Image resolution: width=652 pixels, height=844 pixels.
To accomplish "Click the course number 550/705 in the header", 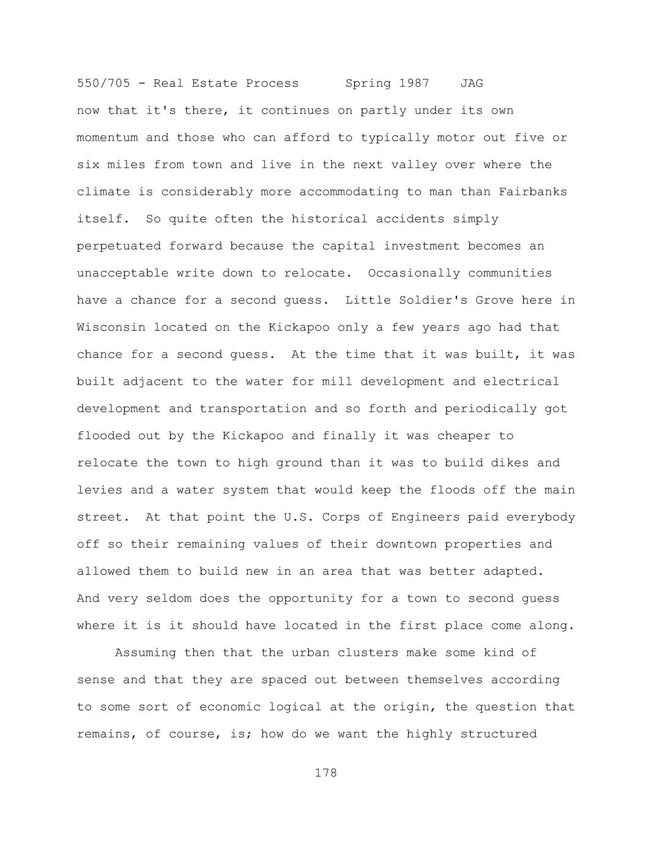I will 103,83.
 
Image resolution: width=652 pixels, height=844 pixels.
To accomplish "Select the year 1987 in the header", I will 414,83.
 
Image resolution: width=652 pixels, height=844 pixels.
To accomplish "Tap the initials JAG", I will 472,83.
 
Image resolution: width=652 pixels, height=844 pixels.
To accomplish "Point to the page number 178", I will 326,773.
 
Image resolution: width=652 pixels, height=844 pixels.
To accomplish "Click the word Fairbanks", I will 533,192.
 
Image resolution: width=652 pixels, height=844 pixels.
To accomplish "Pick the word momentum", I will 107,138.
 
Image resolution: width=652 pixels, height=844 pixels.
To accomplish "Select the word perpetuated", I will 119,246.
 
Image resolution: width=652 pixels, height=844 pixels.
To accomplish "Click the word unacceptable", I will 122,273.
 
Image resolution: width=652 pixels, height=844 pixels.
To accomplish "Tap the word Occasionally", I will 414,273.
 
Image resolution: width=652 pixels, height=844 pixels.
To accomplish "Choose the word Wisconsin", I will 111,328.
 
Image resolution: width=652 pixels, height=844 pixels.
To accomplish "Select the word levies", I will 100,490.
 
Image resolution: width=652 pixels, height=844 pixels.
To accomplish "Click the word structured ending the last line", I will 498,734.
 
